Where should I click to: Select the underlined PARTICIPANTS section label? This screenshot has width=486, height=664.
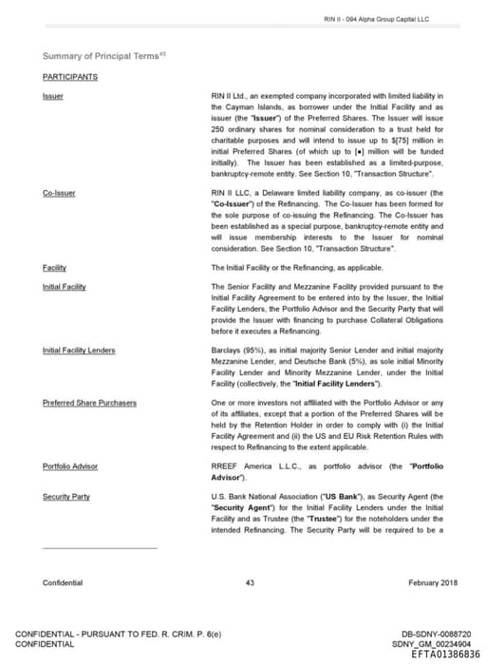tap(69, 77)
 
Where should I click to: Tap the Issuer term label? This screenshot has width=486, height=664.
tap(53, 96)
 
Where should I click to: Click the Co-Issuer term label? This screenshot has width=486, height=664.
tap(59, 193)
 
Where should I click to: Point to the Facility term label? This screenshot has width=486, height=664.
tap(54, 268)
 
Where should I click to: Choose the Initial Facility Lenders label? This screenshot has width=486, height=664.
tap(79, 351)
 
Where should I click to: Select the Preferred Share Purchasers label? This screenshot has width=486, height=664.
tap(89, 403)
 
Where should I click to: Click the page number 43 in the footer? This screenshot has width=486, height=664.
tap(250, 582)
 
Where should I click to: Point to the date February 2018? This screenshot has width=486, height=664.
tap(433, 582)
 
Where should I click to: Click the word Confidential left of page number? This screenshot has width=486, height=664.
tap(63, 582)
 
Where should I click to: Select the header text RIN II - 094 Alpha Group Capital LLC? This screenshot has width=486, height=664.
tap(376, 19)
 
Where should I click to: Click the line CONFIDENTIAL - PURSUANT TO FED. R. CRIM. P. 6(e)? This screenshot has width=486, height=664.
tap(118, 634)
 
